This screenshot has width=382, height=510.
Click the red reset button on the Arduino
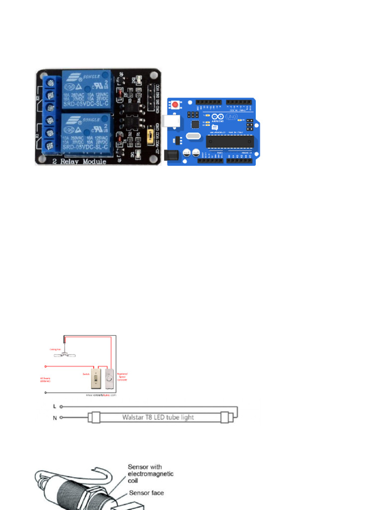pyautogui.click(x=176, y=105)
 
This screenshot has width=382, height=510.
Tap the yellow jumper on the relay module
pyautogui.click(x=150, y=136)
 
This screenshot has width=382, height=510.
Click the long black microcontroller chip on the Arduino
pyautogui.click(x=229, y=141)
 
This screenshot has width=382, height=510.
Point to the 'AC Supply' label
pyautogui.click(x=45, y=380)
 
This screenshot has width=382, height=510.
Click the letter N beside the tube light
pyautogui.click(x=55, y=417)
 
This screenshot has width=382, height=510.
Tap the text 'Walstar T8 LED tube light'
pyautogui.click(x=158, y=417)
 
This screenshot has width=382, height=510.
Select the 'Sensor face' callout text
pyautogui.click(x=147, y=493)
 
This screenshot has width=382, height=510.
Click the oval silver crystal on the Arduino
pyautogui.click(x=191, y=135)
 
